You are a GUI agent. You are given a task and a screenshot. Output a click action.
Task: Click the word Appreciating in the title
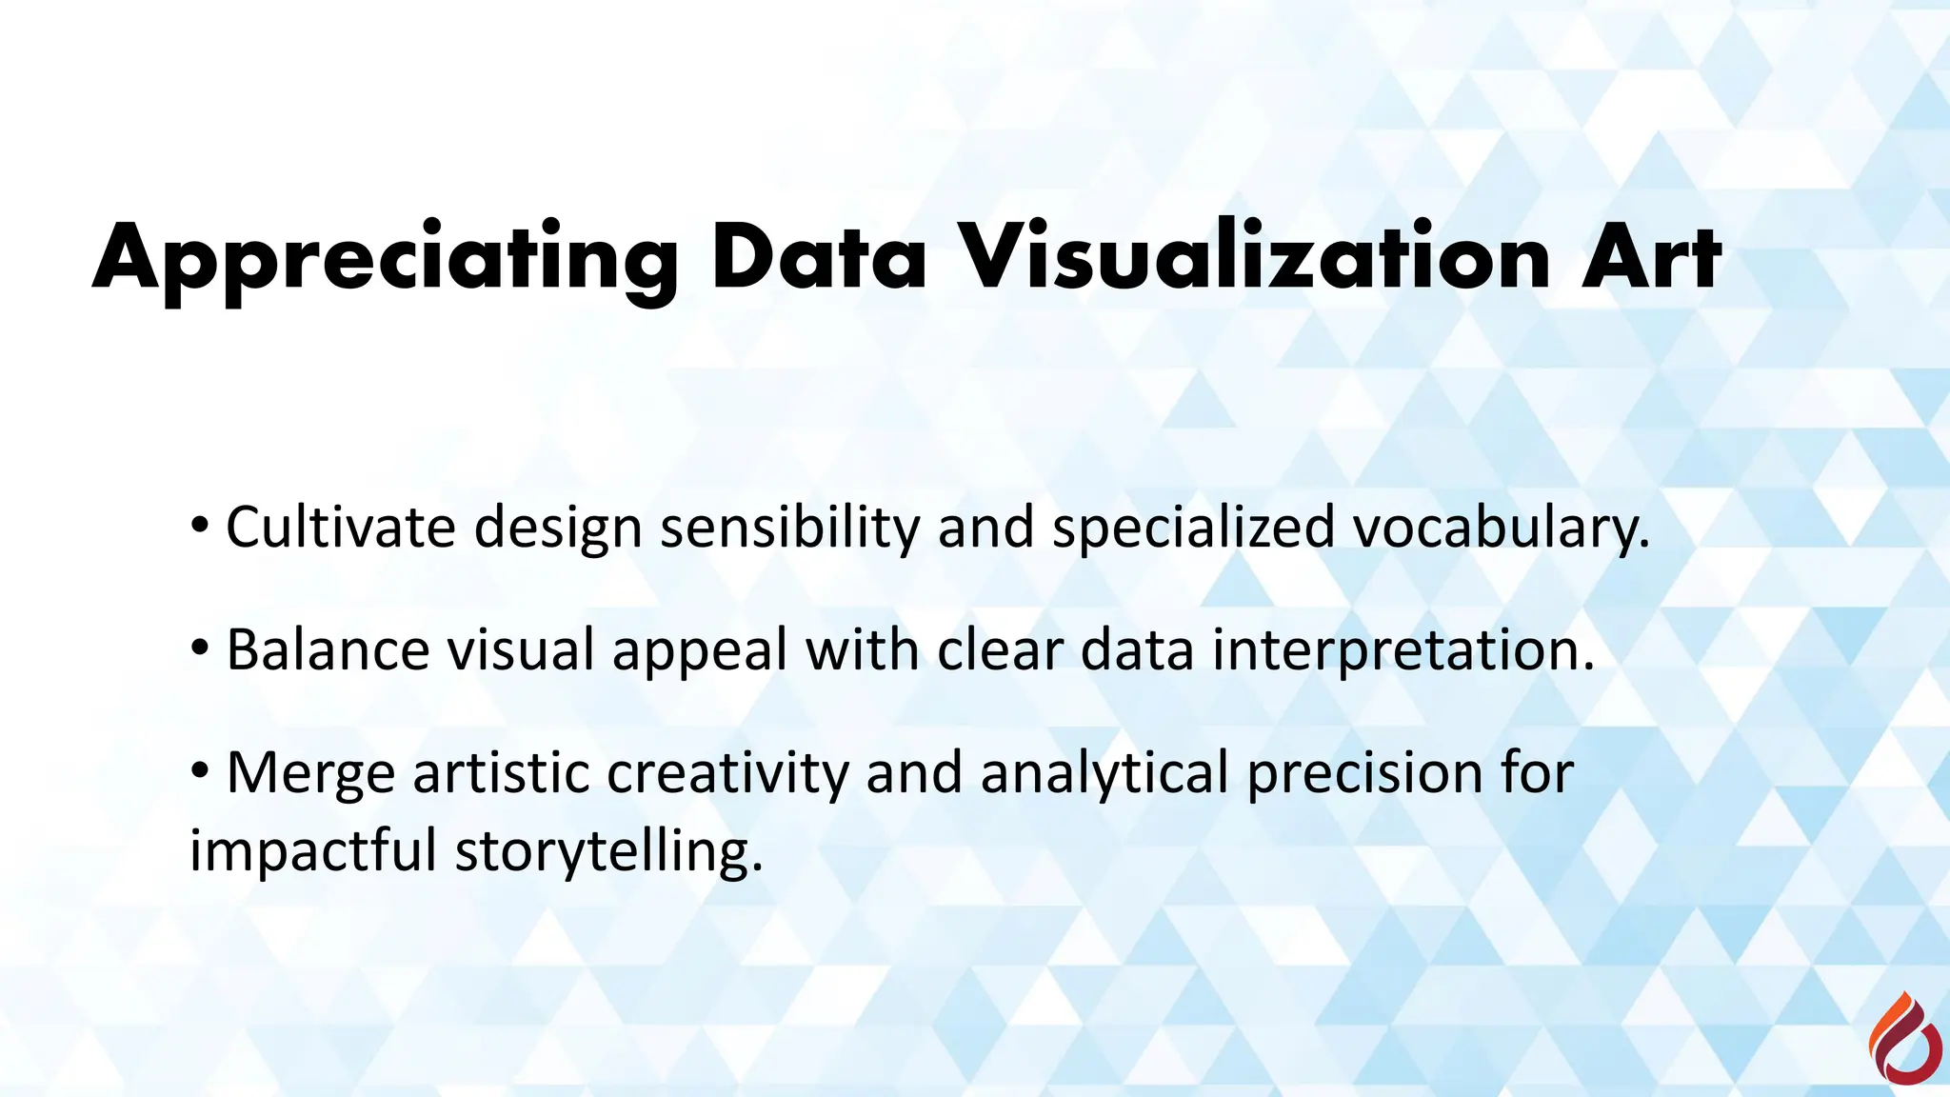385,259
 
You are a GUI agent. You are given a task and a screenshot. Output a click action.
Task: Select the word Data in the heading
819,259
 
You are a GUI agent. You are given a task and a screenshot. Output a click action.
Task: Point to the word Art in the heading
1651,259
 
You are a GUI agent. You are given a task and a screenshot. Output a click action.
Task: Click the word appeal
700,651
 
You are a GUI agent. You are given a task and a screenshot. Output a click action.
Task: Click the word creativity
727,773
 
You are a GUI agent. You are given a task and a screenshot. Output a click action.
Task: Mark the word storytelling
608,850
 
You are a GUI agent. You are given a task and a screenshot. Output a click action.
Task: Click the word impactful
313,850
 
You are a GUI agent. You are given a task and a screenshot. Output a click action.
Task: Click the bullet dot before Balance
199,648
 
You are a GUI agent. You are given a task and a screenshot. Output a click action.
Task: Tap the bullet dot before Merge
199,769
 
